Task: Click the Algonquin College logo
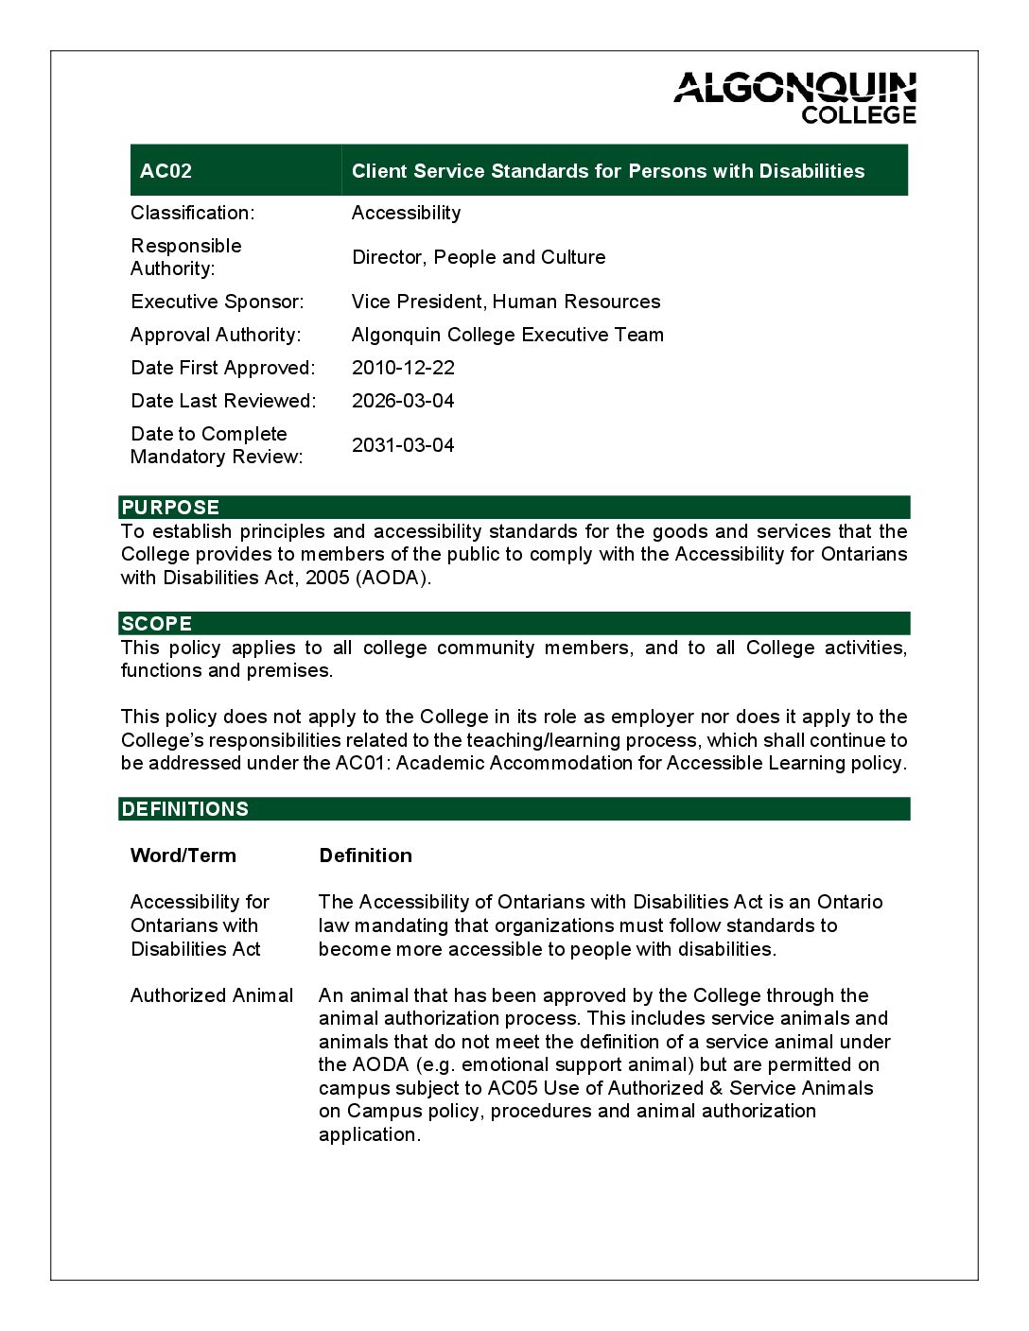[x=794, y=97]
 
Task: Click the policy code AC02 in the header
[x=166, y=171]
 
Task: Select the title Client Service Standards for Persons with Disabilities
[x=607, y=171]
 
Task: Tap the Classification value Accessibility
[x=406, y=213]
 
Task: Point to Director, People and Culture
[x=479, y=257]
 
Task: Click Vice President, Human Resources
[x=505, y=302]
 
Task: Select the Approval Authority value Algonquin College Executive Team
[x=507, y=335]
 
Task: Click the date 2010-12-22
[x=403, y=368]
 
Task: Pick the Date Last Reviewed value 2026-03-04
[x=403, y=401]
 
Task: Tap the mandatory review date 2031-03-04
[x=403, y=445]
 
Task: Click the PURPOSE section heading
[x=170, y=508]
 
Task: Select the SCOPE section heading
[x=157, y=624]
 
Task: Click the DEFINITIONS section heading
[x=185, y=809]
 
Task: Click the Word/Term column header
[x=183, y=856]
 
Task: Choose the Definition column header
[x=365, y=856]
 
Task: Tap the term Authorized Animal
[x=212, y=995]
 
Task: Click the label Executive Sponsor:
[x=218, y=302]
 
